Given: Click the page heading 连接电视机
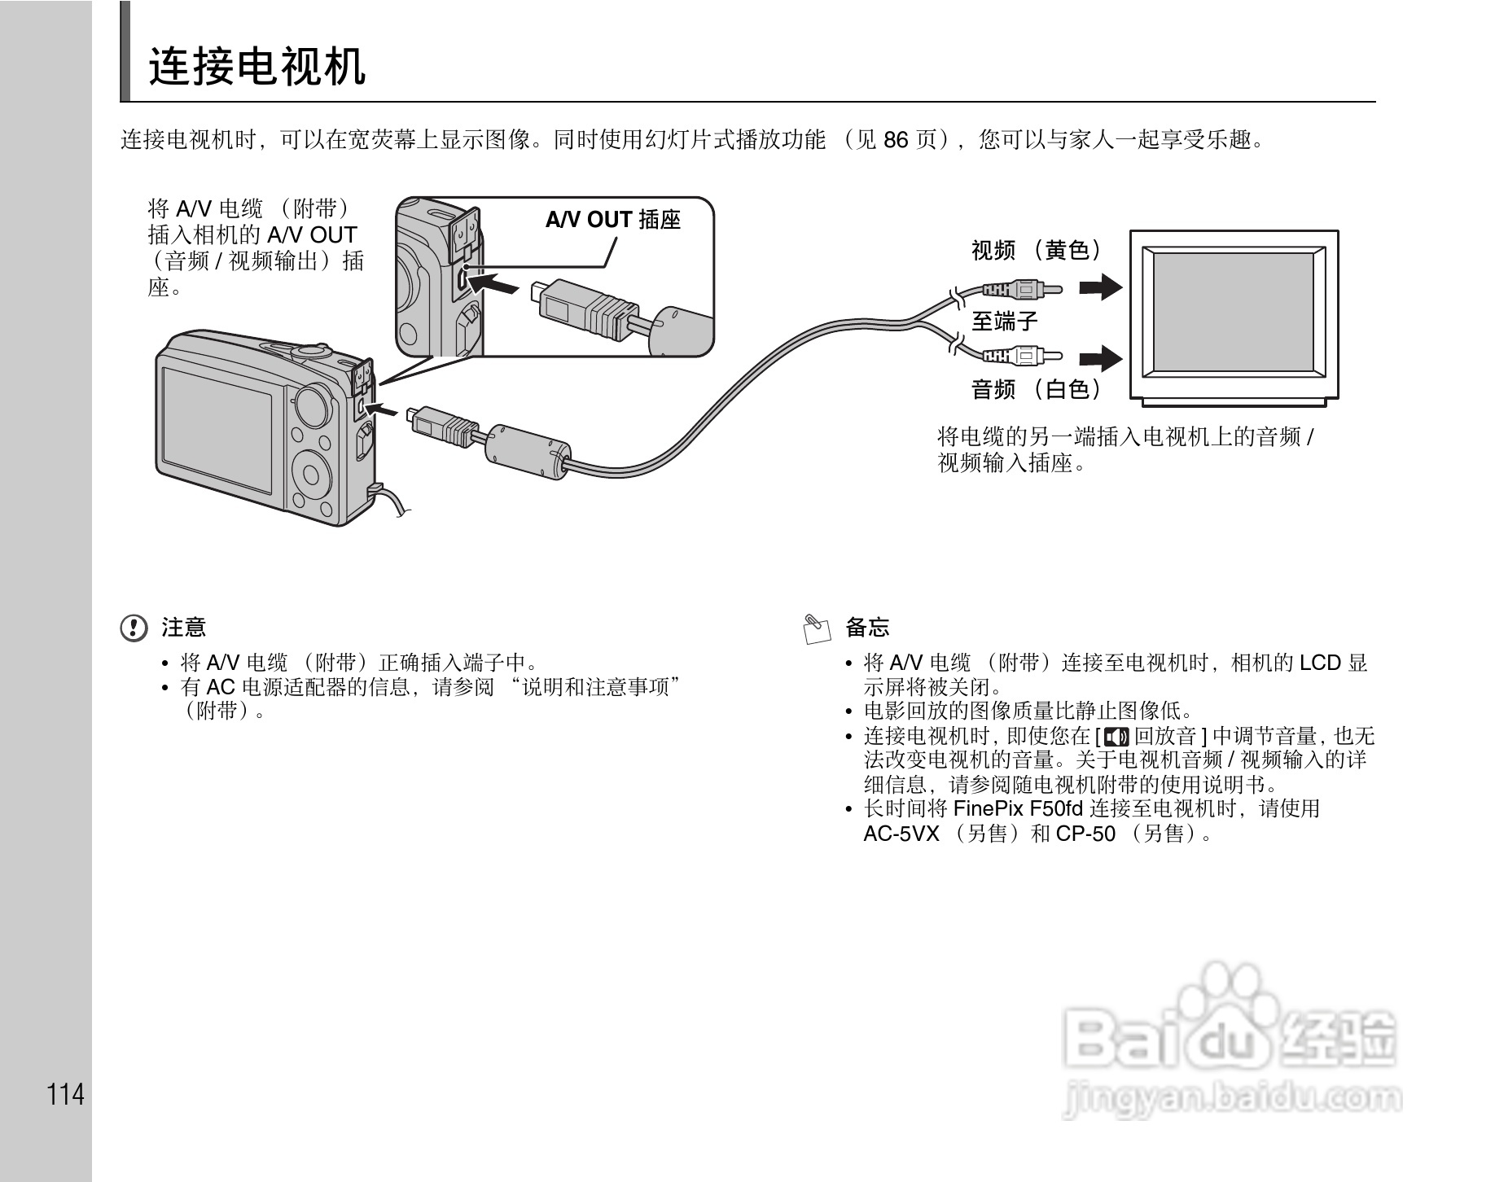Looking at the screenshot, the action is coord(257,67).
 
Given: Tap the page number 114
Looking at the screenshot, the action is coord(66,1094).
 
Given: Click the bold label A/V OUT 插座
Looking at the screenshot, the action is coord(612,220).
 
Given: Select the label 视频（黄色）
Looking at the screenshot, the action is coord(1037,250).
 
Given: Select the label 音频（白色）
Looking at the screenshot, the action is coord(1037,389).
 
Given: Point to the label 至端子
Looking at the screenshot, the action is coord(1005,322).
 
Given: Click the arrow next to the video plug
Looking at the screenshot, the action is coord(1101,287).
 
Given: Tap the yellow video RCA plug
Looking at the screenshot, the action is coord(1022,289).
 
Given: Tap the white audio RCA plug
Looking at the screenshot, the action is coord(1022,355).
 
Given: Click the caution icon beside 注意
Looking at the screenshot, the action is coord(134,628).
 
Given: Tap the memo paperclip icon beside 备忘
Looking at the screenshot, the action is coord(817,628).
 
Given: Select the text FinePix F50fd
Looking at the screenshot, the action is coord(1017,809).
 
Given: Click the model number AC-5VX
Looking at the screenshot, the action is coord(901,834).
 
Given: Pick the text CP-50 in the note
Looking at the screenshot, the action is coord(1085,834).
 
